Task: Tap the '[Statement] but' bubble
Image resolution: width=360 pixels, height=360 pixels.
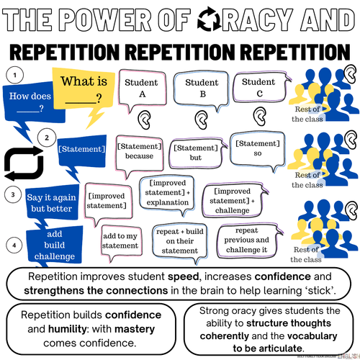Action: pos(196,153)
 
